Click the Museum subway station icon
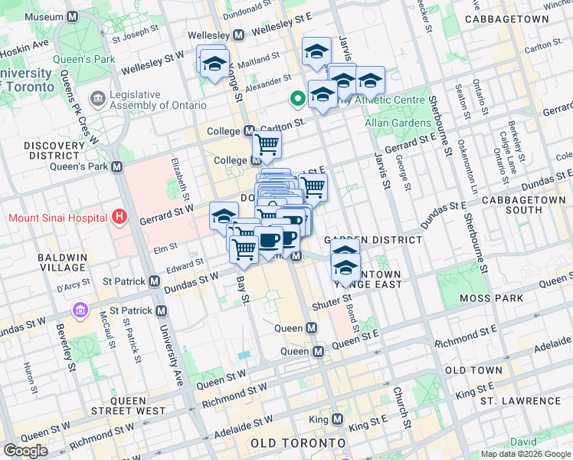(x=72, y=17)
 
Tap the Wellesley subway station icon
(x=238, y=35)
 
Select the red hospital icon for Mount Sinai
(x=118, y=218)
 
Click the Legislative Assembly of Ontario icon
(x=98, y=99)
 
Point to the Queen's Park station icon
(x=117, y=166)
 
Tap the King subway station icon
(x=338, y=419)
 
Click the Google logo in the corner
(x=25, y=451)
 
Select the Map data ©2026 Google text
(x=526, y=454)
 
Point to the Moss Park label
(x=490, y=297)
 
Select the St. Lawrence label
(x=520, y=401)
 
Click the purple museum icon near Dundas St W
(x=80, y=310)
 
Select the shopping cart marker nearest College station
(x=267, y=144)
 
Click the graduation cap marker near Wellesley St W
(x=214, y=61)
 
